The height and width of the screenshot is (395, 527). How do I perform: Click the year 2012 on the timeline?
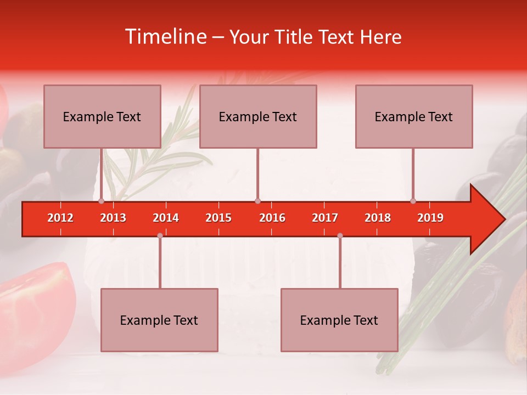point(60,218)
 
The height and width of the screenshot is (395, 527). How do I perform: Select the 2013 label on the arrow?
point(113,218)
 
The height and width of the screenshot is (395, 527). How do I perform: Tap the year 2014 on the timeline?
point(166,218)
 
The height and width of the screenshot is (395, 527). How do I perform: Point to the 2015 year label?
point(218,218)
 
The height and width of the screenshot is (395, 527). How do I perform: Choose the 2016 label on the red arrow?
point(272,218)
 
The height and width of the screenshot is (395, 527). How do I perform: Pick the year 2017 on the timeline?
point(325,218)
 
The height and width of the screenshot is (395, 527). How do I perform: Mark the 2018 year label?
point(378,218)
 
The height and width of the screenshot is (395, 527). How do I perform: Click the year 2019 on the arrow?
point(430,218)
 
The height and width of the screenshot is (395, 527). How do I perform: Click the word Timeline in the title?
point(166,37)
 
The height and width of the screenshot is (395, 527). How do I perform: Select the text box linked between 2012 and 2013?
point(102,116)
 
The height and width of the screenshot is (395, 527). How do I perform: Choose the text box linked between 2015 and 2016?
point(258,116)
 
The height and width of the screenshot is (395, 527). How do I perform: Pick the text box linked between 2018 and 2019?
point(414,116)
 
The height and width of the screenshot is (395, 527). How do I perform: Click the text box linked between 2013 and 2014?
point(159,320)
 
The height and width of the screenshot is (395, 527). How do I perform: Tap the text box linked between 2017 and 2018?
point(339,320)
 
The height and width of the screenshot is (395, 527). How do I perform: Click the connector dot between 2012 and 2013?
point(101,201)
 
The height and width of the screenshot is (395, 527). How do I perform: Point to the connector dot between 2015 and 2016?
point(257,201)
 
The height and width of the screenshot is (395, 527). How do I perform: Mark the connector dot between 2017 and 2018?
point(340,235)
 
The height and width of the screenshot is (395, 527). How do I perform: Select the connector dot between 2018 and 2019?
point(413,201)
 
